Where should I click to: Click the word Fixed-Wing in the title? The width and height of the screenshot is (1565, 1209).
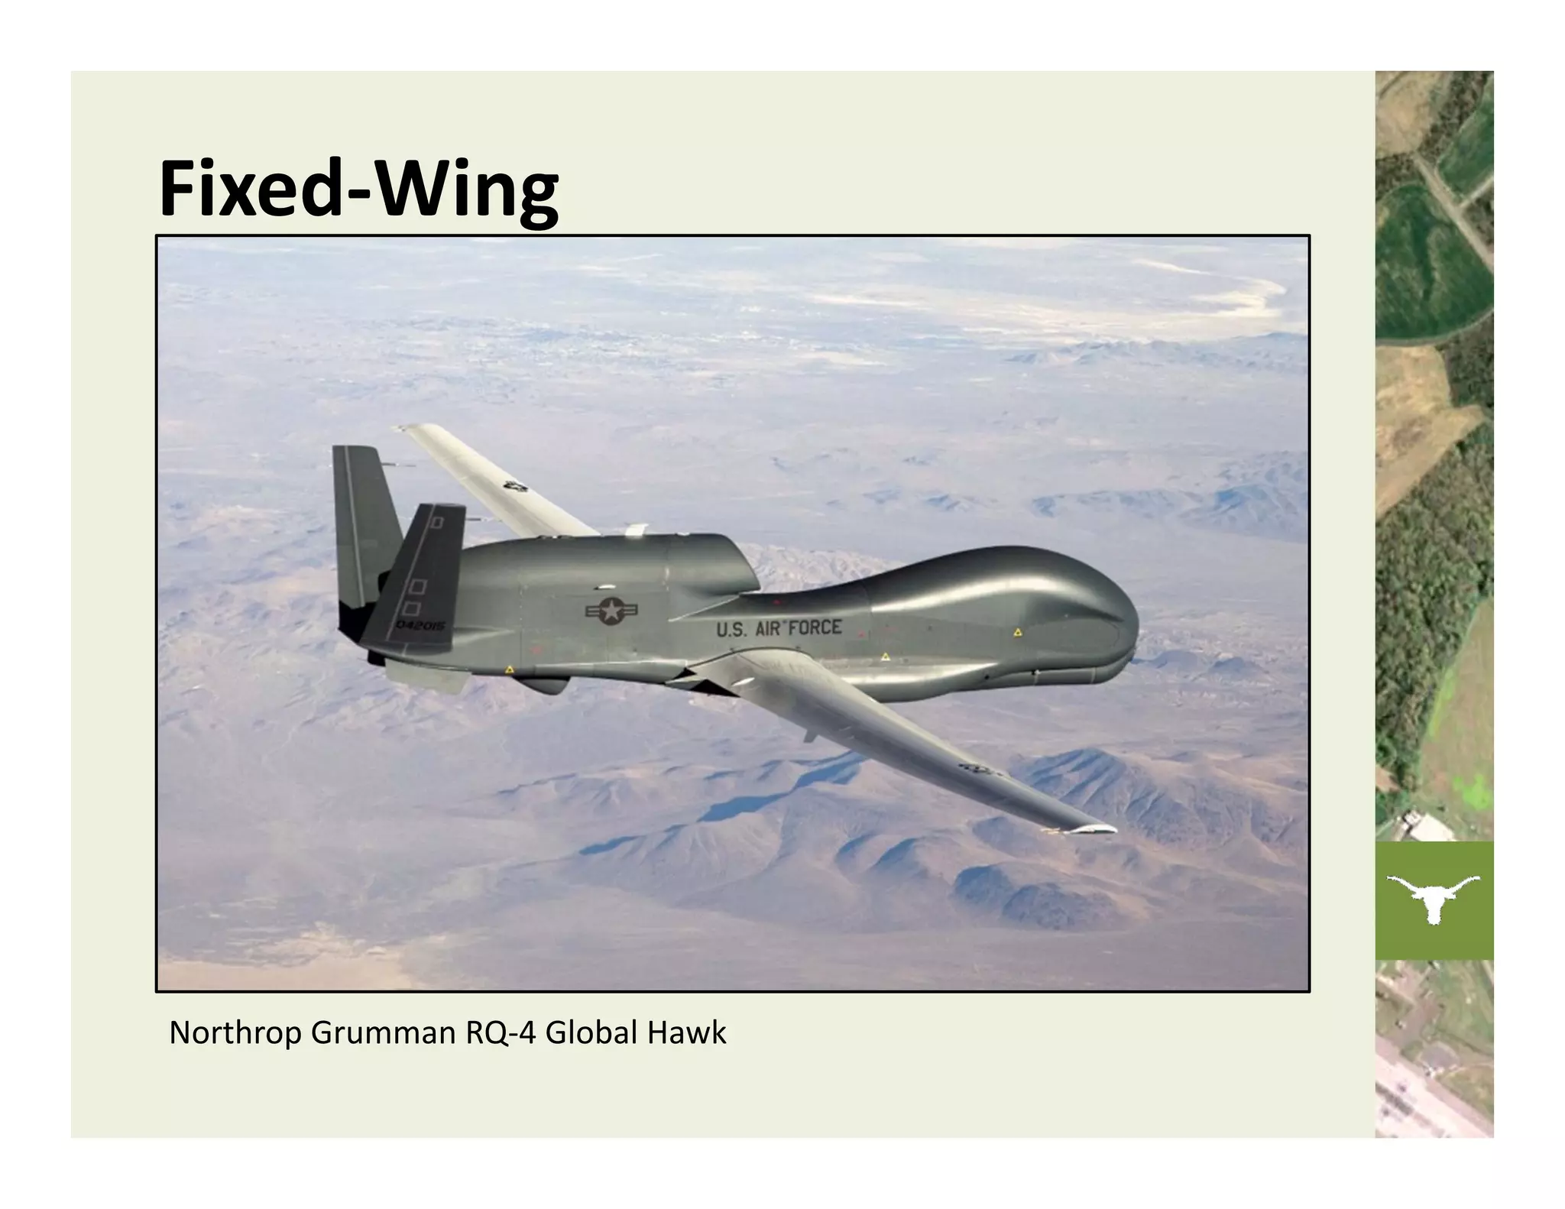[x=358, y=189]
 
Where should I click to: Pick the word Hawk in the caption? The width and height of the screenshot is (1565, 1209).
[x=687, y=1033]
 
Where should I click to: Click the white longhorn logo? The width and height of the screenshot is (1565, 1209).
[x=1434, y=897]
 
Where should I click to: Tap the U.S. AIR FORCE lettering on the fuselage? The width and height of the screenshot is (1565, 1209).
[x=779, y=629]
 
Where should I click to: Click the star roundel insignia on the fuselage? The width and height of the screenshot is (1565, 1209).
[x=612, y=611]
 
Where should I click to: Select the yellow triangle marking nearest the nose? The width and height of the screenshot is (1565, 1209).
[x=1018, y=633]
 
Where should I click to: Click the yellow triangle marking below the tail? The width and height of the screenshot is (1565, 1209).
[x=510, y=669]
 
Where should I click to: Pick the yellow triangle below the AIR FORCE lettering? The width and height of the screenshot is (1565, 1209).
[x=885, y=656]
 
